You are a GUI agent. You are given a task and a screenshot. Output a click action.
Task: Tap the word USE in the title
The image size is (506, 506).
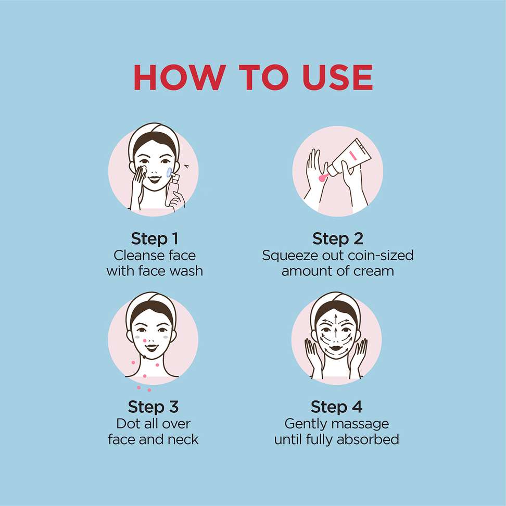point(337,77)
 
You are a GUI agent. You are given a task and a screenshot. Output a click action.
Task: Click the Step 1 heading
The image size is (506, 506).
point(155,239)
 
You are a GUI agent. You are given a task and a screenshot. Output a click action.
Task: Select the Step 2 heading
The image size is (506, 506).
point(337,239)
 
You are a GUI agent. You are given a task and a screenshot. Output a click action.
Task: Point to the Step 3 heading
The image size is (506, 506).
point(153,407)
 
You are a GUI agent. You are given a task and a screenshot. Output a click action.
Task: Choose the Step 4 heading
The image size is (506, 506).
point(336,407)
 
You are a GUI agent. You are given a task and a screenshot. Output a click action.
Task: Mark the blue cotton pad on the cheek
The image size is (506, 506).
point(169,172)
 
